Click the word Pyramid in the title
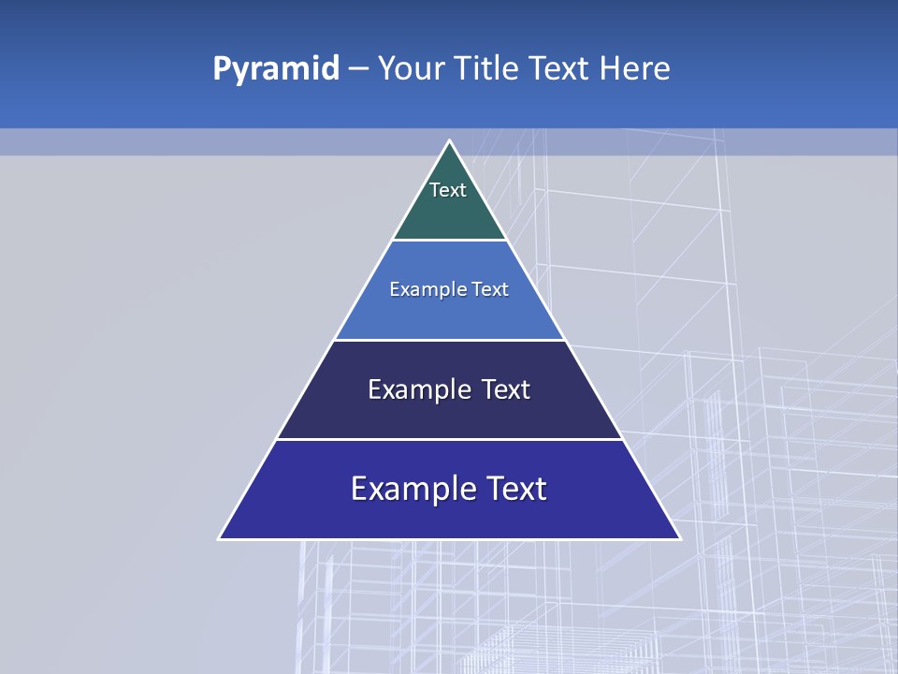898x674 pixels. tap(276, 69)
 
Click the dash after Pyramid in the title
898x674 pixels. tap(358, 69)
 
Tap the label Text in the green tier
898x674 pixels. tap(448, 190)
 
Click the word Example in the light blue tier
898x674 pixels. tap(422, 289)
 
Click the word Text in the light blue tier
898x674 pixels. tap(489, 289)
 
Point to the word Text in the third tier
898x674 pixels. tap(505, 389)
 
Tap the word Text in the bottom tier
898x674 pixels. tap(514, 489)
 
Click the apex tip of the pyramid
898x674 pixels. tap(450, 142)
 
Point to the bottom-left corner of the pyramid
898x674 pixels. tap(221, 538)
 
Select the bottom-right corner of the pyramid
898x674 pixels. tap(678, 538)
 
